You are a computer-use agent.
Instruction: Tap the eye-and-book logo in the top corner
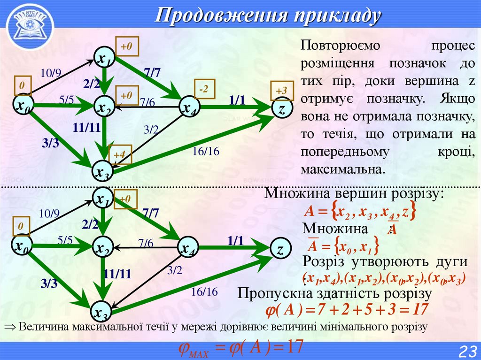coord(27,23)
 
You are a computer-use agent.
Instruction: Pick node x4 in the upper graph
coord(189,108)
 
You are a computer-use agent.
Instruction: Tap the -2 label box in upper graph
coord(203,89)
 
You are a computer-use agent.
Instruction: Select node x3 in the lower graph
coord(102,312)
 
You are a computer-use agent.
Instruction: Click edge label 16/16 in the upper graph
coord(206,152)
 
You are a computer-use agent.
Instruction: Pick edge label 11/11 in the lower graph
coord(117,274)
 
